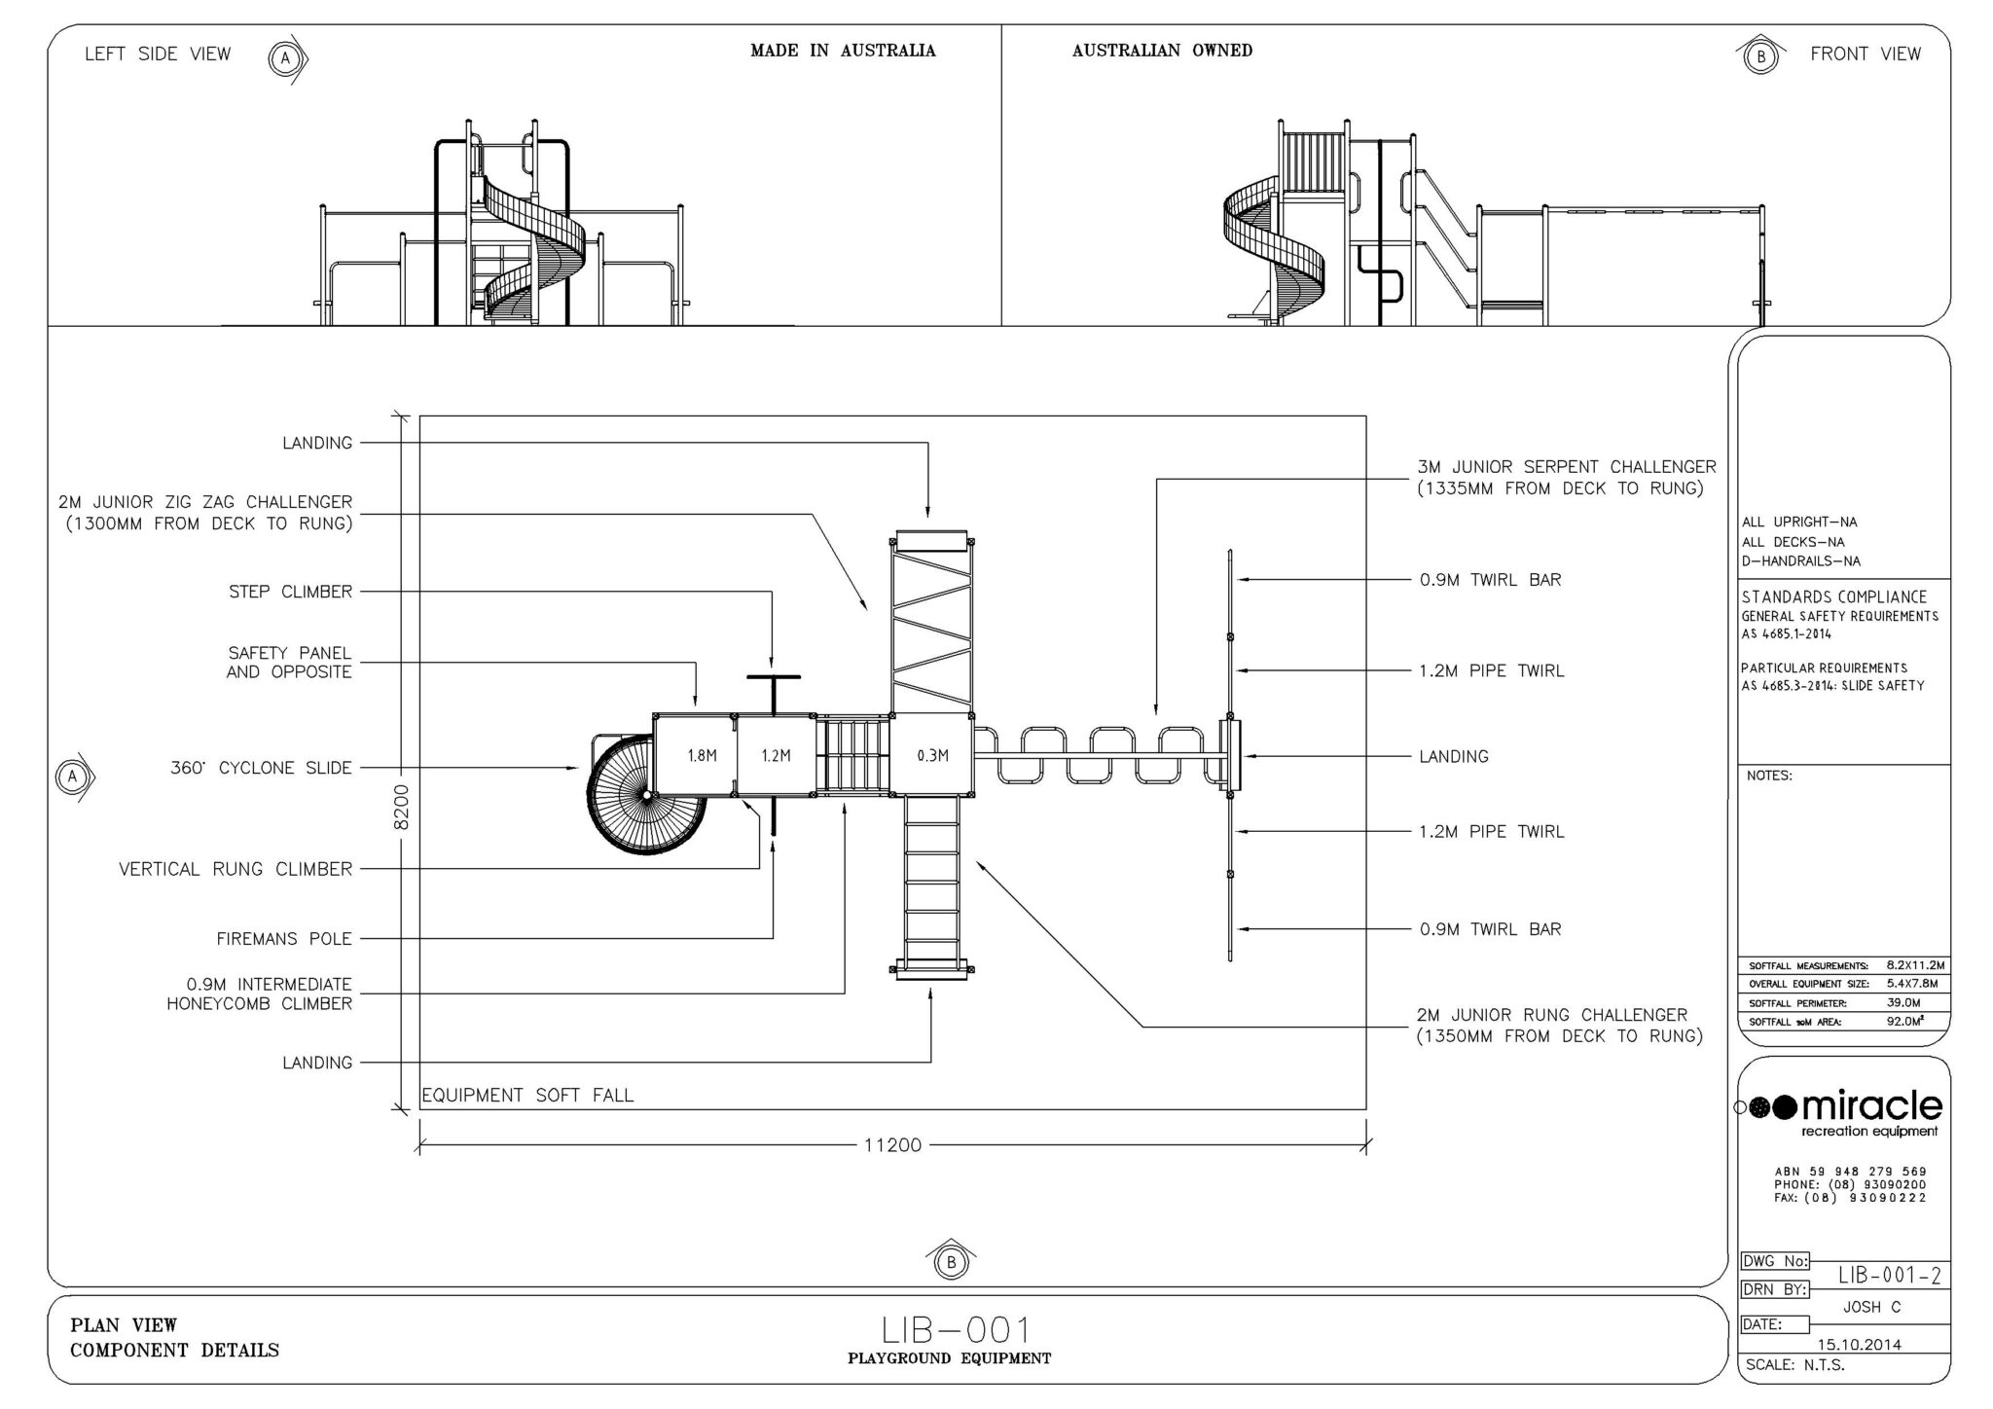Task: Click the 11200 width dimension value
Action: [x=892, y=1145]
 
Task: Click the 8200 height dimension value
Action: [x=403, y=807]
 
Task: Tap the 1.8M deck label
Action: [x=703, y=755]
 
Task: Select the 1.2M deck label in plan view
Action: [x=776, y=755]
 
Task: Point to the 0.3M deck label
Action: [x=932, y=755]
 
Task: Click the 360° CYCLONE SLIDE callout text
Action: [x=261, y=768]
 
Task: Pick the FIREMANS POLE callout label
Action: [x=284, y=939]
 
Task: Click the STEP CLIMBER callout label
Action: [x=291, y=592]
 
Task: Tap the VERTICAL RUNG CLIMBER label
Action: [x=236, y=869]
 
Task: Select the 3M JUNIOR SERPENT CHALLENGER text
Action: [x=1567, y=467]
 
